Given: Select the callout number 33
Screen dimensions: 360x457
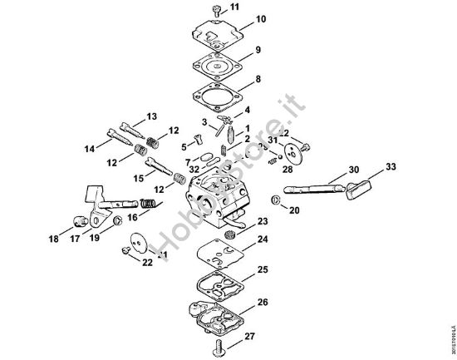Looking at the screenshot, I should (x=391, y=166).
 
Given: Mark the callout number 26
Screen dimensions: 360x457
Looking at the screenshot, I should (x=263, y=302).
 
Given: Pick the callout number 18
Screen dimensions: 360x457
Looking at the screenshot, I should (x=53, y=239).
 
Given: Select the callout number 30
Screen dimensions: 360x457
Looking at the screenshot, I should (x=353, y=170).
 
